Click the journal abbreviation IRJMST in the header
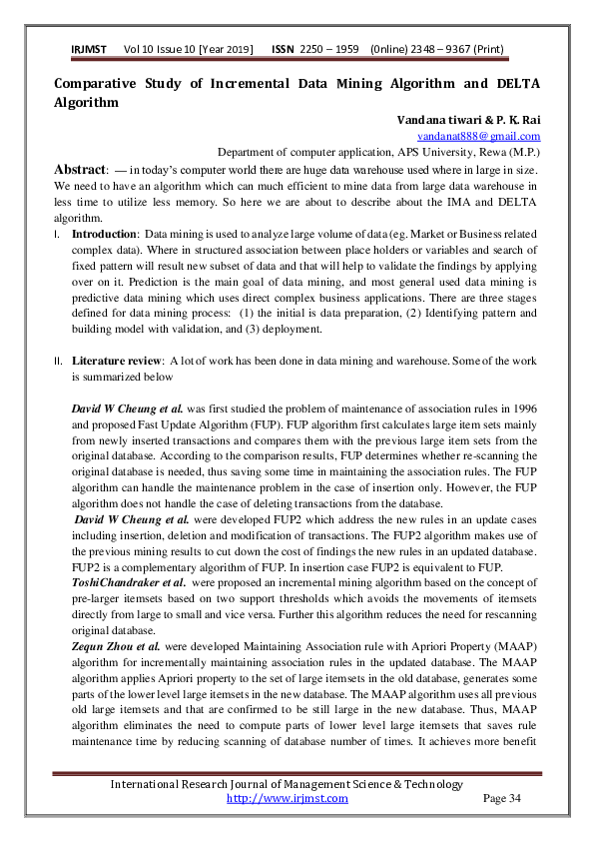click(x=90, y=50)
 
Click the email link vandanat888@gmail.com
click(x=479, y=136)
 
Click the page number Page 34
click(x=502, y=798)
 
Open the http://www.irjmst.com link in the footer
click(x=288, y=798)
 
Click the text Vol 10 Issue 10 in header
click(x=162, y=50)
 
